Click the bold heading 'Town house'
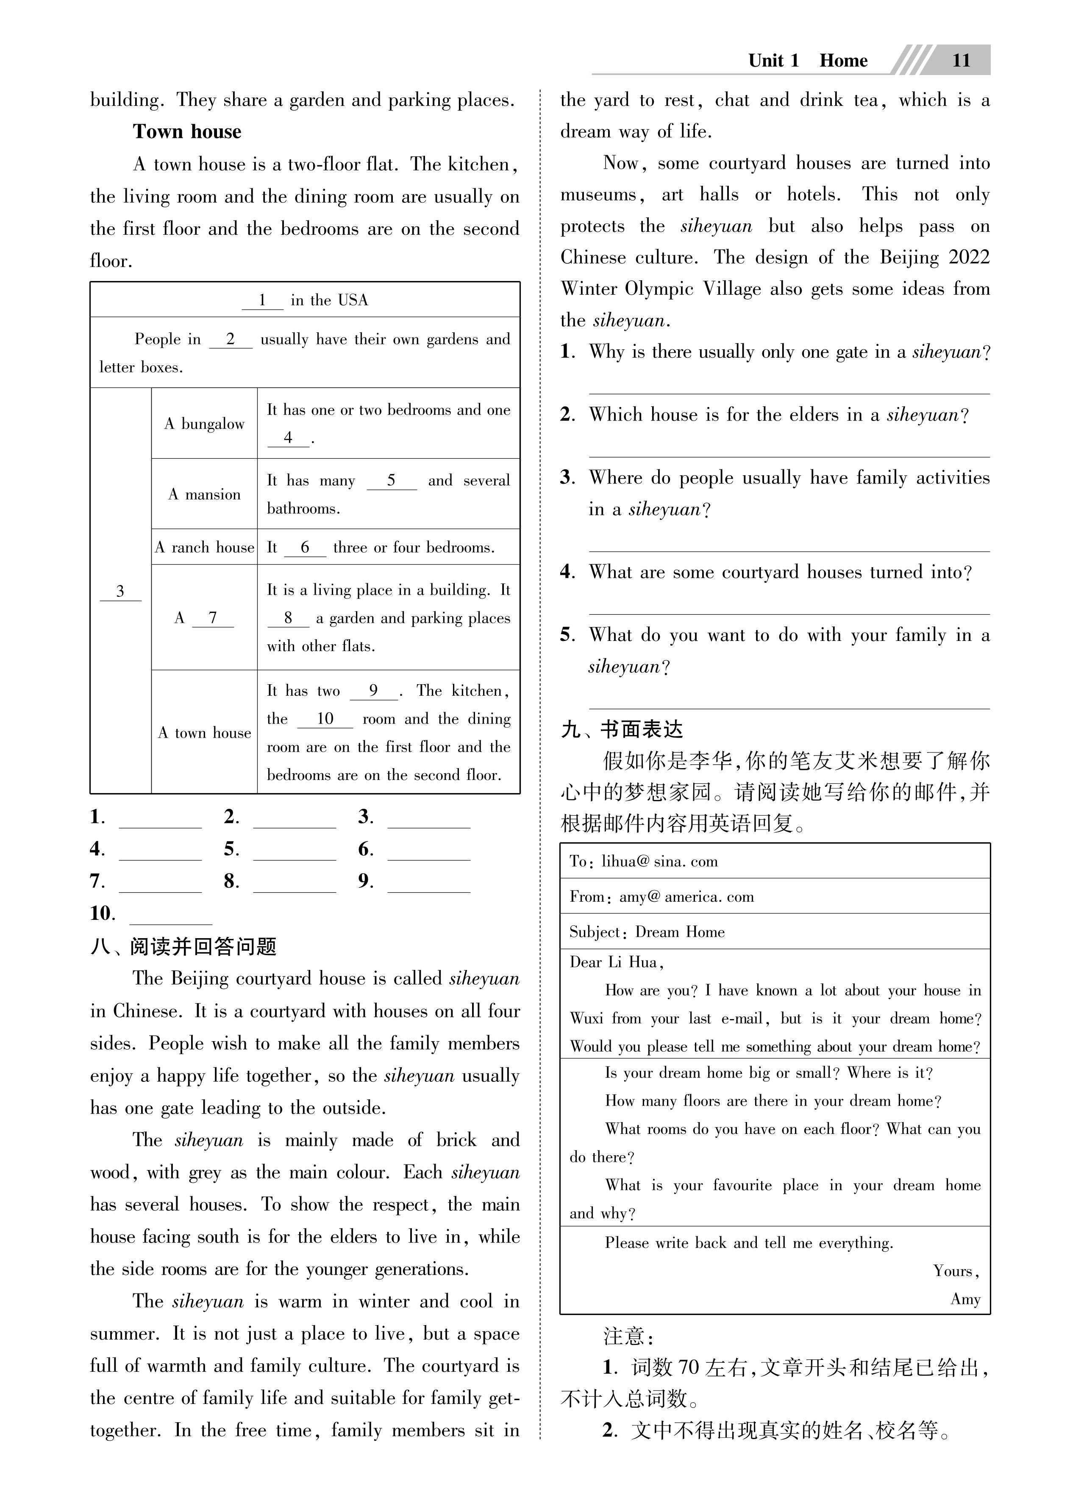[187, 131]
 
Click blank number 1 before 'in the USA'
[262, 300]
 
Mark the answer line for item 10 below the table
[171, 916]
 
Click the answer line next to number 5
[295, 852]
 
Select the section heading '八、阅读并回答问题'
[183, 946]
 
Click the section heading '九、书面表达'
[622, 730]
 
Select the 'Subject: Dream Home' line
[647, 932]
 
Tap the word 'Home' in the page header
[843, 61]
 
